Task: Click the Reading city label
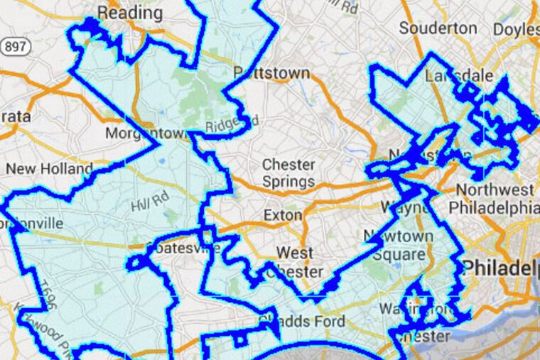point(129,12)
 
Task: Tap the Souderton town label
point(438,28)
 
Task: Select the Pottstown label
point(271,73)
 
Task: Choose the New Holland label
point(49,169)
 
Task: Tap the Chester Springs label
point(288,173)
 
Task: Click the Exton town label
point(283,214)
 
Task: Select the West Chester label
point(299,262)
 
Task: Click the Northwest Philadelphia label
point(495,199)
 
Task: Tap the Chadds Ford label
point(302,321)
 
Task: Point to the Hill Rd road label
point(144,204)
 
